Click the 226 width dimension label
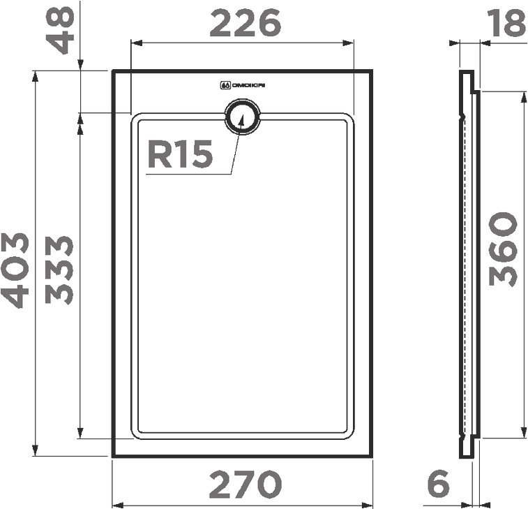tap(245, 24)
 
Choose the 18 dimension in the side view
tap(506, 24)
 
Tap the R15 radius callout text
tap(179, 155)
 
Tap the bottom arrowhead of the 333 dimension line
tap(80, 434)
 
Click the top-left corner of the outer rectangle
tap(114, 71)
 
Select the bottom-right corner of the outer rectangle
tap(372, 456)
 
